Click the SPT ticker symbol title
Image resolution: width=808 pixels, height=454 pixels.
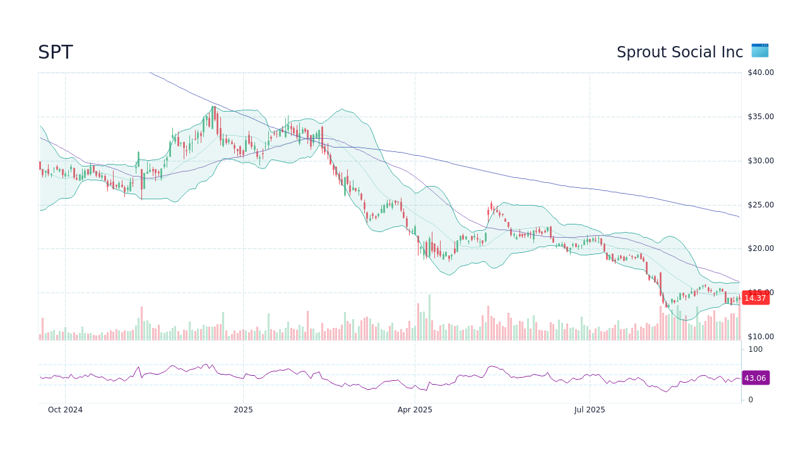[x=56, y=52]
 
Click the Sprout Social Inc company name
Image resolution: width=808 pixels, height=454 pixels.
[x=680, y=52]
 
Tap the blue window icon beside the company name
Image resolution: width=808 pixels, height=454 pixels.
[x=760, y=50]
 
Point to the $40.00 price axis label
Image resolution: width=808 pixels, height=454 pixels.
[x=760, y=73]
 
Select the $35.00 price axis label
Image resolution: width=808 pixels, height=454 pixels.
[x=760, y=117]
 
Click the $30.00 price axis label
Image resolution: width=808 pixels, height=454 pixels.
[x=760, y=161]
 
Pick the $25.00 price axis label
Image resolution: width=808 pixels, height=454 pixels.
[x=760, y=205]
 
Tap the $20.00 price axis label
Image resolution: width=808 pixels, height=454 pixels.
[x=760, y=248]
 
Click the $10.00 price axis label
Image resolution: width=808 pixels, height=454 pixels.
[x=760, y=337]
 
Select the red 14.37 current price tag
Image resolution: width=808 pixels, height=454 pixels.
[x=755, y=298]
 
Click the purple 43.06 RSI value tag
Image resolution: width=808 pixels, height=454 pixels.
[x=755, y=378]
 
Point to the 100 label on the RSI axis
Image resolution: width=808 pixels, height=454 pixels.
[x=756, y=349]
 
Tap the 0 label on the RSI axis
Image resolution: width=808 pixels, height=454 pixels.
[x=751, y=400]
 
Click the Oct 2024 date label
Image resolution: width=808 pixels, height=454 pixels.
[x=65, y=410]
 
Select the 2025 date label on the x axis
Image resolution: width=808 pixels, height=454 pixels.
[x=243, y=410]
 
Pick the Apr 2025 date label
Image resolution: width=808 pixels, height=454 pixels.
[x=415, y=410]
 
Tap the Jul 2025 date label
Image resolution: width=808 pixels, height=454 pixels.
[x=590, y=410]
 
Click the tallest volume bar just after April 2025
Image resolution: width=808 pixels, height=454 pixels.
[x=429, y=318]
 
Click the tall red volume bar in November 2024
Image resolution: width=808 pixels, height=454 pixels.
[x=141, y=323]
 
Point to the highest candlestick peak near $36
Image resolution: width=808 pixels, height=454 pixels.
[x=214, y=108]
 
